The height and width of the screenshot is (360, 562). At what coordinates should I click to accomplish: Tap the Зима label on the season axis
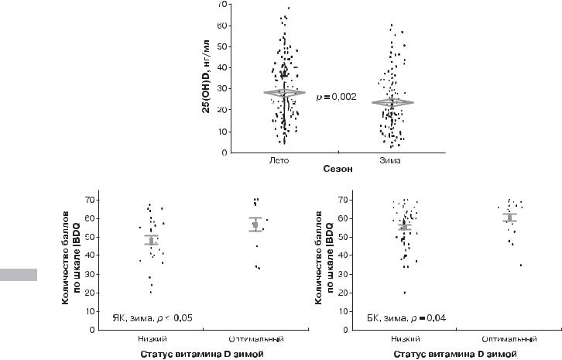[x=402, y=160]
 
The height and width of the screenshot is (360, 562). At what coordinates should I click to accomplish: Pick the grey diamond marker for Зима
[x=401, y=102]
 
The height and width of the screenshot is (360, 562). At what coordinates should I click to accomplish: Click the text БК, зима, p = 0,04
[x=402, y=317]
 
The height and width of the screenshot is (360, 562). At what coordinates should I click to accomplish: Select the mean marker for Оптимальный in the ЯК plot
[x=255, y=225]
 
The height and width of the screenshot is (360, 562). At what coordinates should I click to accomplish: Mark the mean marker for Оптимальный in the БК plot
[x=509, y=218]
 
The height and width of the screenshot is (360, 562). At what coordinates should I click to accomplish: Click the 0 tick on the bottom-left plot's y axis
[x=92, y=330]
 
